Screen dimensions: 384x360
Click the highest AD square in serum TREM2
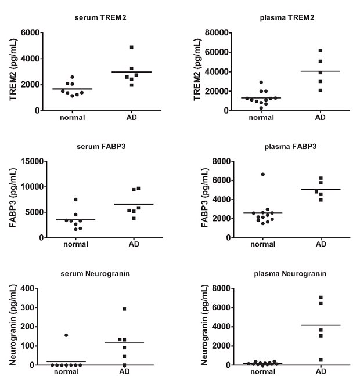(x=131, y=48)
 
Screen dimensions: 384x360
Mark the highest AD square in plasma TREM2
(x=320, y=50)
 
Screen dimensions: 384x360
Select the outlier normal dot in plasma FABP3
(x=262, y=174)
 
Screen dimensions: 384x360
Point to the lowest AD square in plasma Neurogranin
(x=320, y=360)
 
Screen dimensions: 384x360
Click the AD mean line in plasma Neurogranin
(x=320, y=325)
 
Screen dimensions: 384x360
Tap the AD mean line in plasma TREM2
(x=320, y=71)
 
